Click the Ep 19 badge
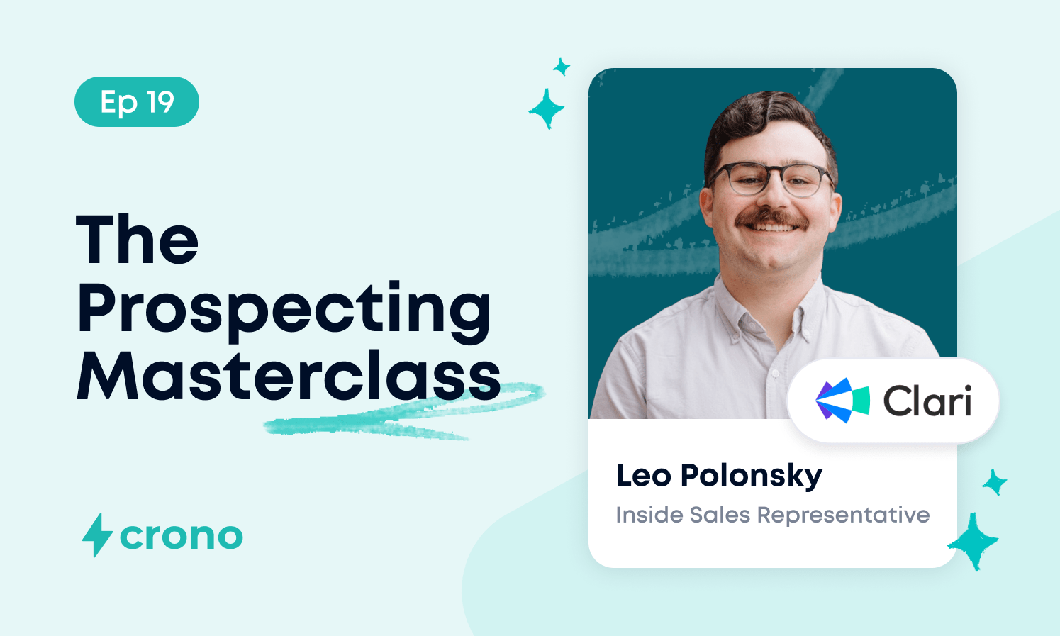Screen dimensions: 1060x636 click(x=137, y=101)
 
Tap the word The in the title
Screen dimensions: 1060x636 click(x=137, y=239)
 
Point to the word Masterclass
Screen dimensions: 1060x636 click(x=288, y=376)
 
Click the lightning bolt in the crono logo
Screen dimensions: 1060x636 click(x=97, y=535)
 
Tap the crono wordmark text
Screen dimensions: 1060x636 click(x=182, y=537)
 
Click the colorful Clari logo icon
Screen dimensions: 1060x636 click(x=842, y=401)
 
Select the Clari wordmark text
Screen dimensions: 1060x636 click(x=927, y=401)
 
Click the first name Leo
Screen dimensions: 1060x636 click(x=644, y=475)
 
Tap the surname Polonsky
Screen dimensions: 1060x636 click(x=752, y=476)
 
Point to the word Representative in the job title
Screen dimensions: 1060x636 click(x=843, y=515)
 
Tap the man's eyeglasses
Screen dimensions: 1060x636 click(x=771, y=179)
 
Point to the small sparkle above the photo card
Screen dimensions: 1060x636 click(x=562, y=67)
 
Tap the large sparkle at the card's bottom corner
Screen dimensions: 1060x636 click(x=973, y=542)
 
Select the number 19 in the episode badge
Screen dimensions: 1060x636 click(x=160, y=101)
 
